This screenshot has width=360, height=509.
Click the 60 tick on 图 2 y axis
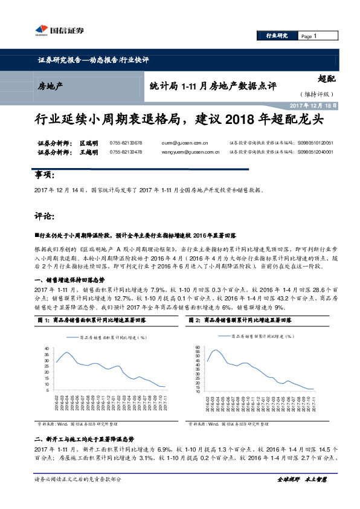pyautogui.click(x=197, y=348)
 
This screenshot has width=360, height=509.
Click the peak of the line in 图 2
pyautogui.click(x=216, y=350)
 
